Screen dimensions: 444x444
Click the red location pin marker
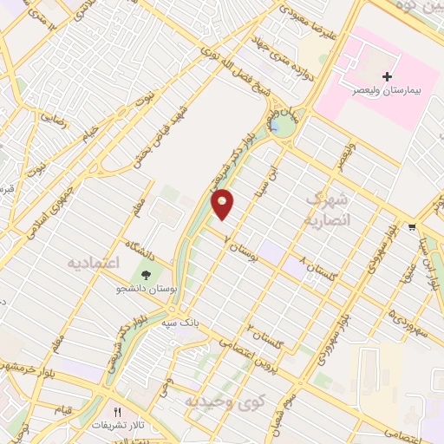pos(224,204)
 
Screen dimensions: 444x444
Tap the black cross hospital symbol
pos(387,77)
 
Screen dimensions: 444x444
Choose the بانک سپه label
pos(207,320)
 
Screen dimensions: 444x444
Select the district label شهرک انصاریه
pos(326,208)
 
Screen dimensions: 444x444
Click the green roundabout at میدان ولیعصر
pos(280,127)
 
